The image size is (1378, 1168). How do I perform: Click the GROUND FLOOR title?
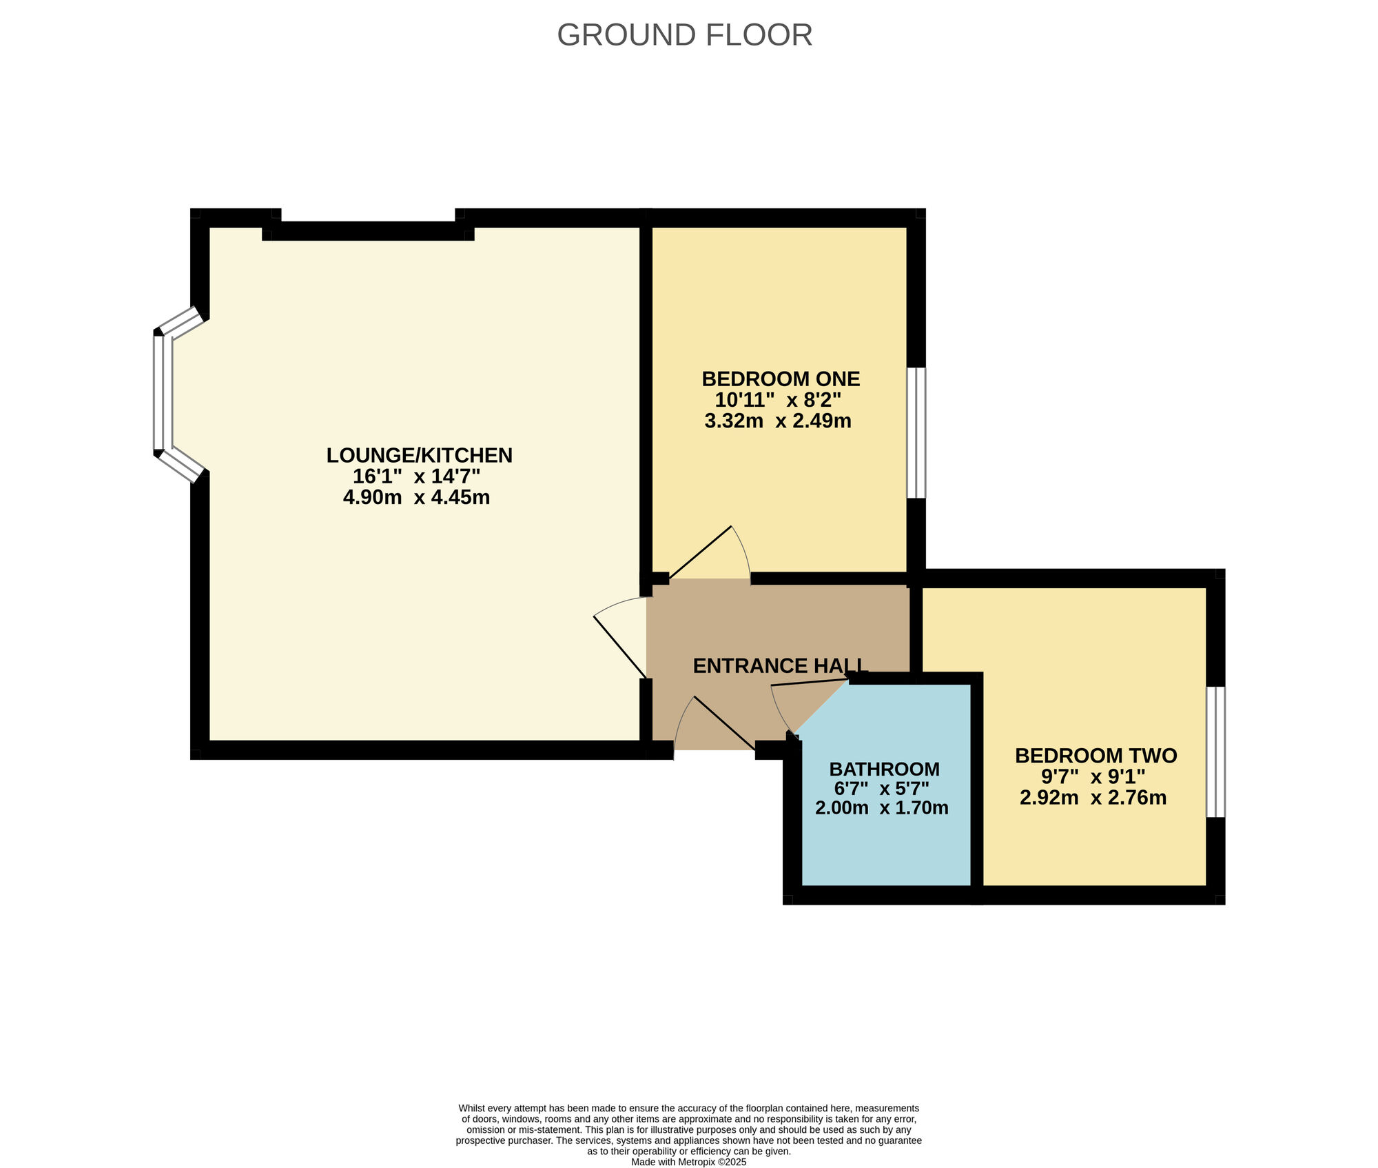click(x=684, y=35)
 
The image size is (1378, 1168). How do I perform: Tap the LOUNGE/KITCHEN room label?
click(x=419, y=455)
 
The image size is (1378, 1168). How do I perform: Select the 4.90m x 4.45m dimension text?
click(x=416, y=497)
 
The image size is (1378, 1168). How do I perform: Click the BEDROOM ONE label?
click(x=781, y=379)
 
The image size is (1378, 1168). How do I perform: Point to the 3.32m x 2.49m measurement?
click(x=778, y=421)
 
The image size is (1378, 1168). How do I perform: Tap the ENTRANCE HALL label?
click(x=779, y=665)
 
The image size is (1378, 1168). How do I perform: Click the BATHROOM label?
click(x=884, y=769)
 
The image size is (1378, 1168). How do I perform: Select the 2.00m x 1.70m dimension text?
click(x=881, y=807)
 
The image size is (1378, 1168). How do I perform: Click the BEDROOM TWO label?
click(x=1096, y=756)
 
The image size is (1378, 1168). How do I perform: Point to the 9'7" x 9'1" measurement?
click(x=1093, y=776)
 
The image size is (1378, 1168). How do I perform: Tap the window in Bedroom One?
click(x=916, y=432)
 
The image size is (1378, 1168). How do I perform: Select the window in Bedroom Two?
click(x=1215, y=752)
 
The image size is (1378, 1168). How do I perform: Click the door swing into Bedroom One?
click(x=713, y=555)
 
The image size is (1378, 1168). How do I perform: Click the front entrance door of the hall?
click(x=717, y=724)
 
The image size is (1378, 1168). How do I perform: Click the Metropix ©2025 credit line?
click(x=688, y=1162)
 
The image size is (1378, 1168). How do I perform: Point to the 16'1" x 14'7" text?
click(x=416, y=476)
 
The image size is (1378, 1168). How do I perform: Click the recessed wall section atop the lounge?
click(x=369, y=231)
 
